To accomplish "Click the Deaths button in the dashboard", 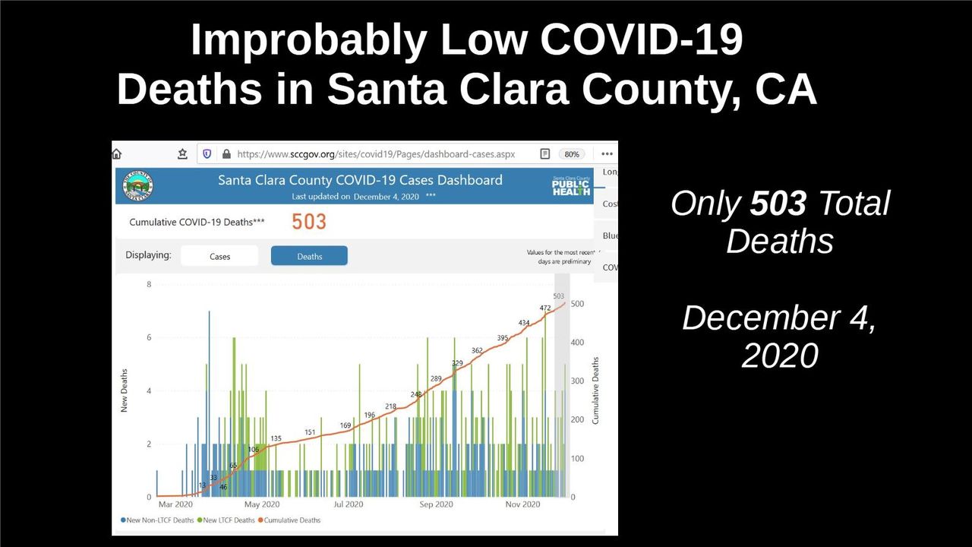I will [x=309, y=256].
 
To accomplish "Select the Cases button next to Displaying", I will [x=219, y=256].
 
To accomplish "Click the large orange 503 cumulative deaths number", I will [x=309, y=222].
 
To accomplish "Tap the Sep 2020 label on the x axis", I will [x=436, y=504].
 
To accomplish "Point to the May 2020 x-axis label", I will [x=263, y=504].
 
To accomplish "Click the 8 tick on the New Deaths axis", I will [x=149, y=285].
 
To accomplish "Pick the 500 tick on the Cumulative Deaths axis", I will [x=578, y=304].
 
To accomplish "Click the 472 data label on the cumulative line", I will [x=544, y=308].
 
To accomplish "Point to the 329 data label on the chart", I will [x=457, y=363].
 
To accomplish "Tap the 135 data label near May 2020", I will [x=276, y=438].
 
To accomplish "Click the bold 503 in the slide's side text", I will [x=778, y=204].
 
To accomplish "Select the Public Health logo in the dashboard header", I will [x=571, y=186].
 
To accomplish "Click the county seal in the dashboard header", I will [x=139, y=185].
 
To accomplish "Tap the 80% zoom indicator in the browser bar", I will [x=571, y=154].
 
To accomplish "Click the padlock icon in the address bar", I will [x=226, y=154].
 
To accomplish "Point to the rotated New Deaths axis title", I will [x=125, y=390].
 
